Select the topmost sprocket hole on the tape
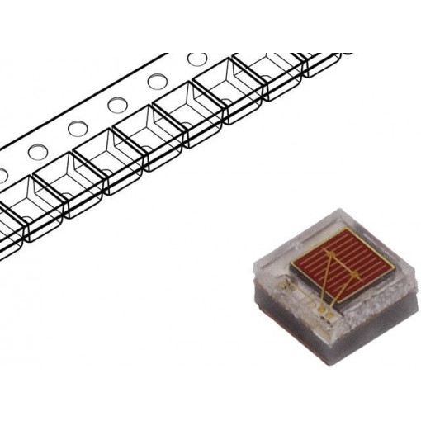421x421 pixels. click(x=197, y=60)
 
